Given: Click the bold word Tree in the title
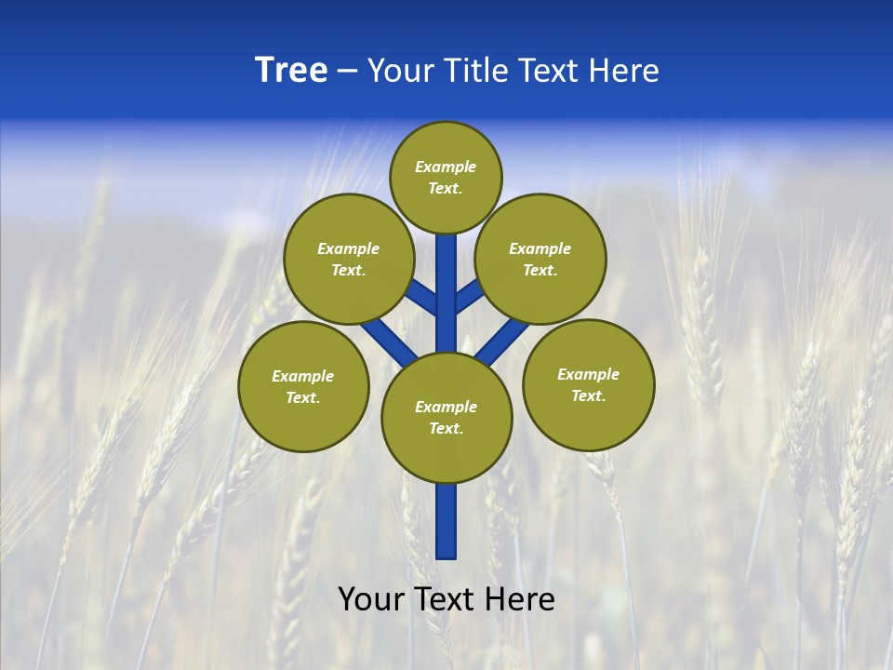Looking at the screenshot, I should pyautogui.click(x=291, y=71).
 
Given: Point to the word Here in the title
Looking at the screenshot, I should pyautogui.click(x=625, y=71).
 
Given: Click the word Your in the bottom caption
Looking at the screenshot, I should pyautogui.click(x=371, y=599).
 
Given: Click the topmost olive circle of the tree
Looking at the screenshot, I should pyautogui.click(x=446, y=177).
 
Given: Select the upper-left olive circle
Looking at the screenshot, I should pyautogui.click(x=348, y=259).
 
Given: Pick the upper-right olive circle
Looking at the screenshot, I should pyautogui.click(x=540, y=259).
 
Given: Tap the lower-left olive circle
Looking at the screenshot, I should pyautogui.click(x=303, y=386).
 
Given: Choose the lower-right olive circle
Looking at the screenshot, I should pyautogui.click(x=588, y=384).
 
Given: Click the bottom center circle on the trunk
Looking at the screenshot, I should pyautogui.click(x=446, y=418).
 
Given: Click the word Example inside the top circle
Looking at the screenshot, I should pyautogui.click(x=446, y=167).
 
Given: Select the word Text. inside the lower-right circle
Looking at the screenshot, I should pyautogui.click(x=588, y=395).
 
